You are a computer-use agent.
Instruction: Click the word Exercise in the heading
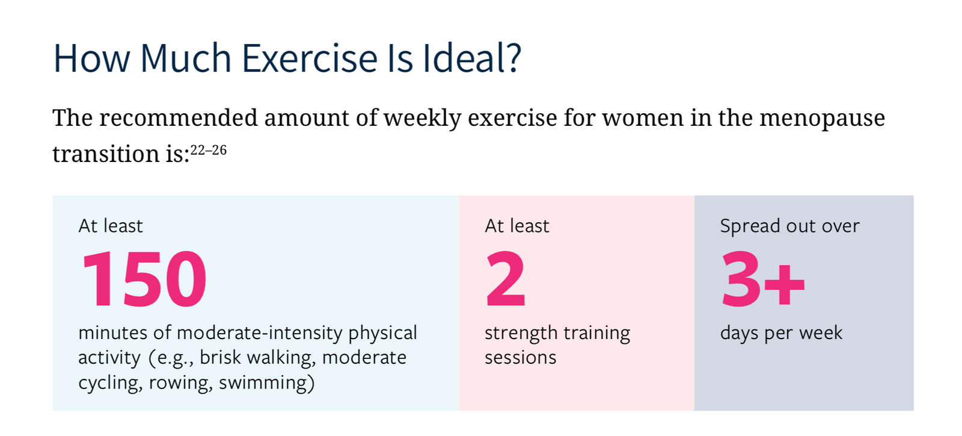point(310,58)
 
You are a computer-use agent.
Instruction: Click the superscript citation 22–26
point(208,150)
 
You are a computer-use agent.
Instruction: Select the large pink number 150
point(144,279)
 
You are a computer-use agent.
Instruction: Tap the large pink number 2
point(506,278)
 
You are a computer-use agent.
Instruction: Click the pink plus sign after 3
point(785,285)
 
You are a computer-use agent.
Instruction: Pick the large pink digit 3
point(741,279)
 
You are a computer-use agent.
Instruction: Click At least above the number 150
point(111,226)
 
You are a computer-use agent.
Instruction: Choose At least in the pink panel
point(517,226)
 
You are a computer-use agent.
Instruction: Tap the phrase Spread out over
point(790,226)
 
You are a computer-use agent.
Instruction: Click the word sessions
point(521,358)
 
